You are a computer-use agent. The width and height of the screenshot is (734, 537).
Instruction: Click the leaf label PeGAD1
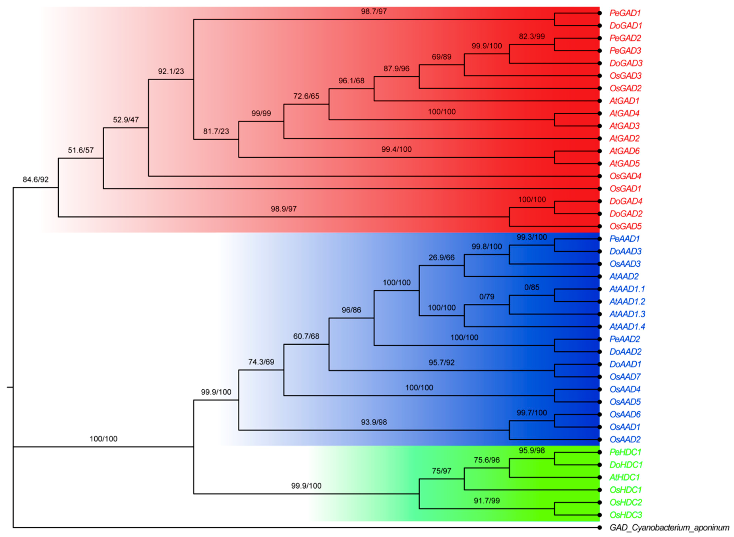pyautogui.click(x=625, y=13)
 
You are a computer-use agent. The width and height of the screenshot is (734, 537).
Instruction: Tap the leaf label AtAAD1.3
pyautogui.click(x=627, y=314)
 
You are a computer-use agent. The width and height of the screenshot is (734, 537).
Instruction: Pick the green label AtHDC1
pyautogui.click(x=624, y=477)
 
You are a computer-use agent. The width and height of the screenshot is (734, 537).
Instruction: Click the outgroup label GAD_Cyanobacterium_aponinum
pyautogui.click(x=669, y=528)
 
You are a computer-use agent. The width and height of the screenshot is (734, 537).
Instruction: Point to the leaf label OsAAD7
pyautogui.click(x=625, y=377)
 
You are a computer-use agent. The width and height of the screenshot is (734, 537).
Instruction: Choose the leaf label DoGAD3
pyautogui.click(x=626, y=63)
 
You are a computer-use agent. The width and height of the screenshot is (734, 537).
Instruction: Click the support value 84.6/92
pyautogui.click(x=36, y=179)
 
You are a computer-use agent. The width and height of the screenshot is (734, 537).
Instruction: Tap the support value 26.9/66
pyautogui.click(x=441, y=257)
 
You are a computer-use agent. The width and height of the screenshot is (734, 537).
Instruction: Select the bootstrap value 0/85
pyautogui.click(x=532, y=287)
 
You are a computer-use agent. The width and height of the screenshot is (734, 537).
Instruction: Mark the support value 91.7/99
pyautogui.click(x=486, y=501)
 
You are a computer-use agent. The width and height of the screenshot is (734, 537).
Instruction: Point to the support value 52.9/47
pyautogui.click(x=126, y=120)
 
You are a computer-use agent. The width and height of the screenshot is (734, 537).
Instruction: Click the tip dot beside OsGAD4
pyautogui.click(x=599, y=176)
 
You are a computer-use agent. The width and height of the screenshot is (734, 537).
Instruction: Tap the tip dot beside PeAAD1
pyautogui.click(x=599, y=239)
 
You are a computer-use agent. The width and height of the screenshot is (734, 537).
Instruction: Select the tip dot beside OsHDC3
pyautogui.click(x=599, y=515)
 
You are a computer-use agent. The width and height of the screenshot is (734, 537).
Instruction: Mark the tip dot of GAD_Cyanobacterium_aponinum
pyautogui.click(x=599, y=528)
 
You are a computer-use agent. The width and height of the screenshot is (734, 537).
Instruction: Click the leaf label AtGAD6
pyautogui.click(x=624, y=151)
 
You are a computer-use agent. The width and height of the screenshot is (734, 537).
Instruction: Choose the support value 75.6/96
pyautogui.click(x=486, y=460)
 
